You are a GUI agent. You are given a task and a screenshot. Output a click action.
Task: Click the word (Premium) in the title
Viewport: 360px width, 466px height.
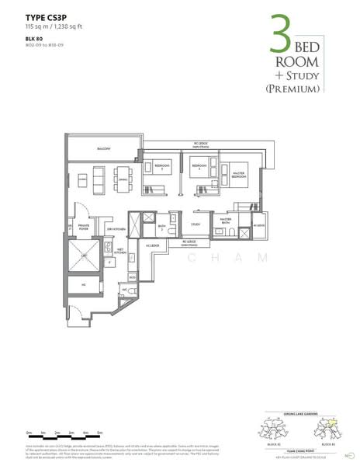pos(292,89)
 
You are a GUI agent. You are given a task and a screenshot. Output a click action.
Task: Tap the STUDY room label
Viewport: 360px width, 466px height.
pos(196,224)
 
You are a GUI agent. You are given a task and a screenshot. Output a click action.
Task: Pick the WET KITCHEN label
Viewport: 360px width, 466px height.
pos(120,252)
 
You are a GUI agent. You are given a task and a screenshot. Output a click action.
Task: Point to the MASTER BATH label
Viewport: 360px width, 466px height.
pos(226,221)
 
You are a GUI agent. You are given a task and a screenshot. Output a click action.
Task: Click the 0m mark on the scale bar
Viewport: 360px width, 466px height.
pos(29,431)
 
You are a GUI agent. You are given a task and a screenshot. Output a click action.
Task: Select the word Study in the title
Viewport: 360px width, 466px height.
pos(300,74)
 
